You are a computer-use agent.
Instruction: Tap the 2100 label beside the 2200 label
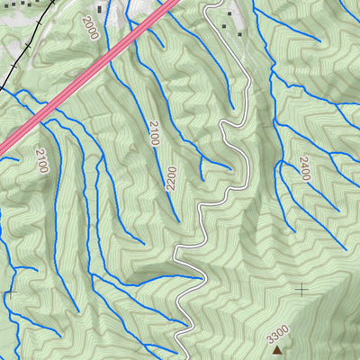pyautogui.click(x=154, y=132)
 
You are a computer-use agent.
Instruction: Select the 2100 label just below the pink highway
pyautogui.click(x=41, y=160)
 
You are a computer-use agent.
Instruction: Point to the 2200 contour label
pyautogui.click(x=170, y=177)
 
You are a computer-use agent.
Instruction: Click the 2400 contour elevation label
pyautogui.click(x=303, y=168)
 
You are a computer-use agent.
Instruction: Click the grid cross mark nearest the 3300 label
pyautogui.click(x=301, y=288)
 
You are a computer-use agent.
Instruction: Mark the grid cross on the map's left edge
pyautogui.click(x=9, y=292)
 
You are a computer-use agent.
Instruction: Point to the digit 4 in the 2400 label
pyautogui.click(x=303, y=166)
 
